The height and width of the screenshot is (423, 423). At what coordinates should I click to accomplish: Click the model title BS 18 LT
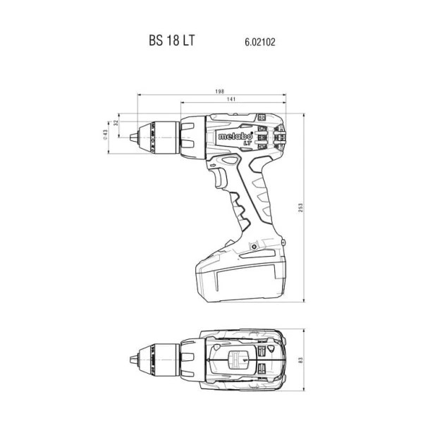click(x=171, y=40)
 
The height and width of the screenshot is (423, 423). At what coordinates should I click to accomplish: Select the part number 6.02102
click(x=260, y=42)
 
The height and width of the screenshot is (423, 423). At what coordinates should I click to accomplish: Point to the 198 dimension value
click(x=219, y=92)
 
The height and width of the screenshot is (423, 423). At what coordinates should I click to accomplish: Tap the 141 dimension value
click(x=231, y=99)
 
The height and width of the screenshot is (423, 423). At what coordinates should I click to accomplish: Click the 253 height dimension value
click(x=301, y=207)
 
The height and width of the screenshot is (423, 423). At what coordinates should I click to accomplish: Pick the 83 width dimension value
click(x=301, y=360)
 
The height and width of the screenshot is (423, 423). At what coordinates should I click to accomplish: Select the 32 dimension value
click(x=116, y=123)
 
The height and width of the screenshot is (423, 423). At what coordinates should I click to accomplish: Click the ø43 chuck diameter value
click(x=105, y=135)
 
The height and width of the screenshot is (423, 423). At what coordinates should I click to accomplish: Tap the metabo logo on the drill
click(x=235, y=136)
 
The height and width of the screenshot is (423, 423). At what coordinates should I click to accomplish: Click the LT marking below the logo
click(x=247, y=144)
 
